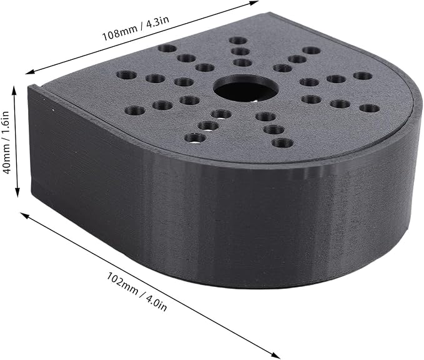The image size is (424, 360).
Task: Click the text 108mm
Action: (x=119, y=33)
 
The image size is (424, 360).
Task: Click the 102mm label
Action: (x=122, y=283)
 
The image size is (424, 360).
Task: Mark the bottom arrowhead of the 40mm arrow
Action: (x=17, y=193)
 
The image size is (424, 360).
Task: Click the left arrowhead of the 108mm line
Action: (x=29, y=72)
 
